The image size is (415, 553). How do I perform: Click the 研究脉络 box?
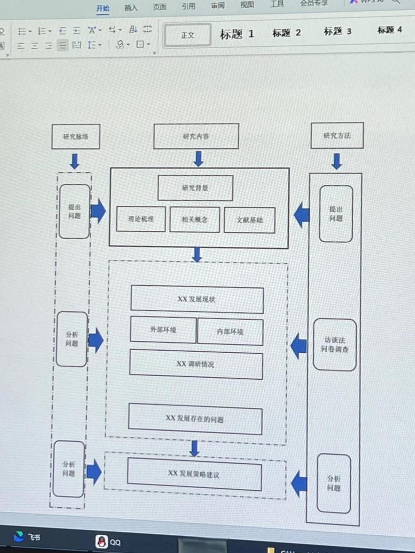(76, 137)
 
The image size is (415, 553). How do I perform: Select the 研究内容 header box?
(196, 136)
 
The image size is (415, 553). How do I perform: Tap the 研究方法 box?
(337, 135)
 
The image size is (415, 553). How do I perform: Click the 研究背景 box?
(195, 188)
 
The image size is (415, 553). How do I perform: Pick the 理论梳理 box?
(141, 219)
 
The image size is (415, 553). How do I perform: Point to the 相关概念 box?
(195, 219)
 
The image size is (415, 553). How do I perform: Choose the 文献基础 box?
(250, 220)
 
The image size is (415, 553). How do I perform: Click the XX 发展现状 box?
(197, 299)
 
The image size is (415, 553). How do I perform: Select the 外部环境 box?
(163, 330)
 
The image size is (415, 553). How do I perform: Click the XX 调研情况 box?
(196, 364)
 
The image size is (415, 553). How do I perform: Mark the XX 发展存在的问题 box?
(195, 419)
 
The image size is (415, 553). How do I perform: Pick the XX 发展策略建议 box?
(194, 474)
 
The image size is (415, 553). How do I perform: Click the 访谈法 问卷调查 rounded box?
(335, 345)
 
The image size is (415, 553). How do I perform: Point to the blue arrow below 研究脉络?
(75, 161)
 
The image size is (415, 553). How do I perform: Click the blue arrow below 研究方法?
(337, 161)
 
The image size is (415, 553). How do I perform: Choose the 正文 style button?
(188, 35)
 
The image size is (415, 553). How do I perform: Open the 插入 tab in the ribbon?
(131, 7)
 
